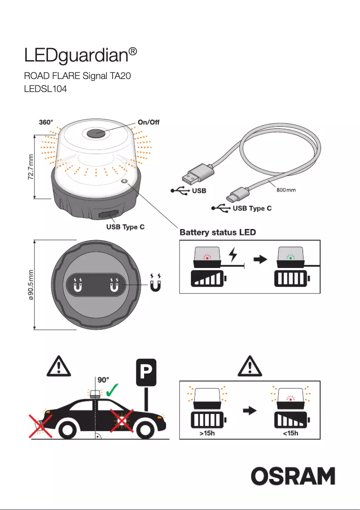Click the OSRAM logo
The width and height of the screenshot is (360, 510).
coord(293,476)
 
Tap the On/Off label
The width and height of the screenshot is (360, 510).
coord(148,122)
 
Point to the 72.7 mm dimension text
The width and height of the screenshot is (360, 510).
coord(29,166)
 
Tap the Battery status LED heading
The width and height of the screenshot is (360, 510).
coord(218,233)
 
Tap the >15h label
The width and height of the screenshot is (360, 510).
coord(207,433)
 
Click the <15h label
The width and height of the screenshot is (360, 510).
coord(290,433)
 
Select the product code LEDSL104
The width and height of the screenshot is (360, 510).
coord(45,89)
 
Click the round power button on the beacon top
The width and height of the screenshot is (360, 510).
coord(96,133)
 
